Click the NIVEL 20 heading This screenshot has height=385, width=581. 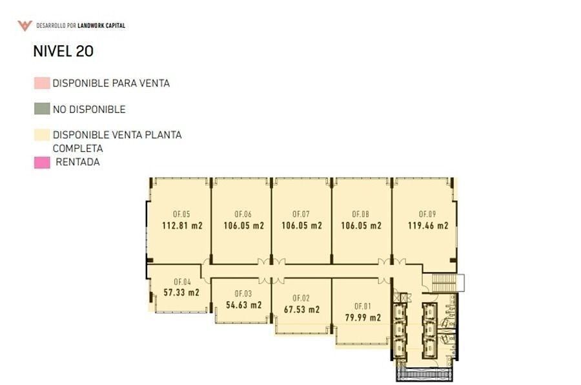[x=63, y=52]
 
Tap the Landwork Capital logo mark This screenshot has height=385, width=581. [x=25, y=26]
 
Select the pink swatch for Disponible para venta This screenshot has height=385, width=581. [x=42, y=83]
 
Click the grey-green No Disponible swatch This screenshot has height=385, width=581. [x=42, y=109]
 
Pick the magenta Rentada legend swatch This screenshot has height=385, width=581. [x=42, y=163]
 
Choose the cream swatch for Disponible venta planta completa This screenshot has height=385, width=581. [x=42, y=135]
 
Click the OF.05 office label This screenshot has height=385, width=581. [x=181, y=214]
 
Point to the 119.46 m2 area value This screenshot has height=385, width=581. [x=428, y=225]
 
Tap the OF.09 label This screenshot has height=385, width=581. [x=427, y=214]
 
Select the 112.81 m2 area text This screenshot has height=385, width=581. [x=182, y=225]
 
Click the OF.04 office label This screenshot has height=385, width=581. [x=182, y=282]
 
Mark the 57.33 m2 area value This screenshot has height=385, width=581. [x=181, y=293]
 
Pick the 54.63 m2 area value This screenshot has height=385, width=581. [x=244, y=306]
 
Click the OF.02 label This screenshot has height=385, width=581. [x=301, y=298]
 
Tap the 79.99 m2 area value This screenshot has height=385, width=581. [x=363, y=318]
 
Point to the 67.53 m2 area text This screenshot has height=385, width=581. [x=301, y=309]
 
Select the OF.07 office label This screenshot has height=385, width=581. [x=301, y=214]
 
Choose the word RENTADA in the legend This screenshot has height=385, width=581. [x=78, y=162]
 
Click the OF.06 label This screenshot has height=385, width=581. [x=243, y=214]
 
